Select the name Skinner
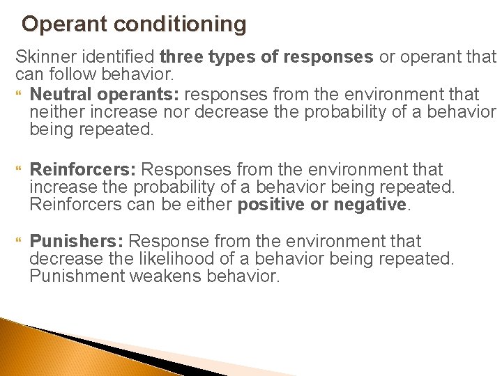tap(41, 56)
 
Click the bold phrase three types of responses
tap(266, 56)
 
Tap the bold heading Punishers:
tap(77, 242)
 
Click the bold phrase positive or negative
tap(321, 205)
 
